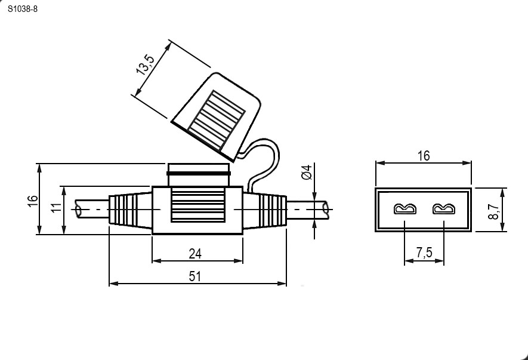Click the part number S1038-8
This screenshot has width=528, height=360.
23,9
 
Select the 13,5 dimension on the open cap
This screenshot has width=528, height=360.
145,64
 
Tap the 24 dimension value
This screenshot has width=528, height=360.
195,254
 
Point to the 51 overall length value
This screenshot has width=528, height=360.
194,276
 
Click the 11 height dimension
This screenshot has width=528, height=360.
57,207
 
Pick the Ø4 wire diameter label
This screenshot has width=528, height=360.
307,172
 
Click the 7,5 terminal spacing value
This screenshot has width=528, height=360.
424,252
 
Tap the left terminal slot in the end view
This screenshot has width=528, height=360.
405,209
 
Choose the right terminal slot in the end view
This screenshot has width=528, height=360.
444,209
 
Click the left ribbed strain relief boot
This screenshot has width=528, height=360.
130,210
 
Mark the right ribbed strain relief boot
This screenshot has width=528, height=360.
265,210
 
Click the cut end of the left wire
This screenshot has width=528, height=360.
79,210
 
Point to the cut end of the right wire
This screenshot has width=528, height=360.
326,210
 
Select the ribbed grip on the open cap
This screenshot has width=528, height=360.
217,121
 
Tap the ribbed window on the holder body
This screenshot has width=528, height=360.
197,205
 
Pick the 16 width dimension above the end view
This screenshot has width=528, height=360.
424,156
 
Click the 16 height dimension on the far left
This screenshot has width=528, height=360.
33,201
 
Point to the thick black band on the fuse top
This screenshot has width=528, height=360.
199,174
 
